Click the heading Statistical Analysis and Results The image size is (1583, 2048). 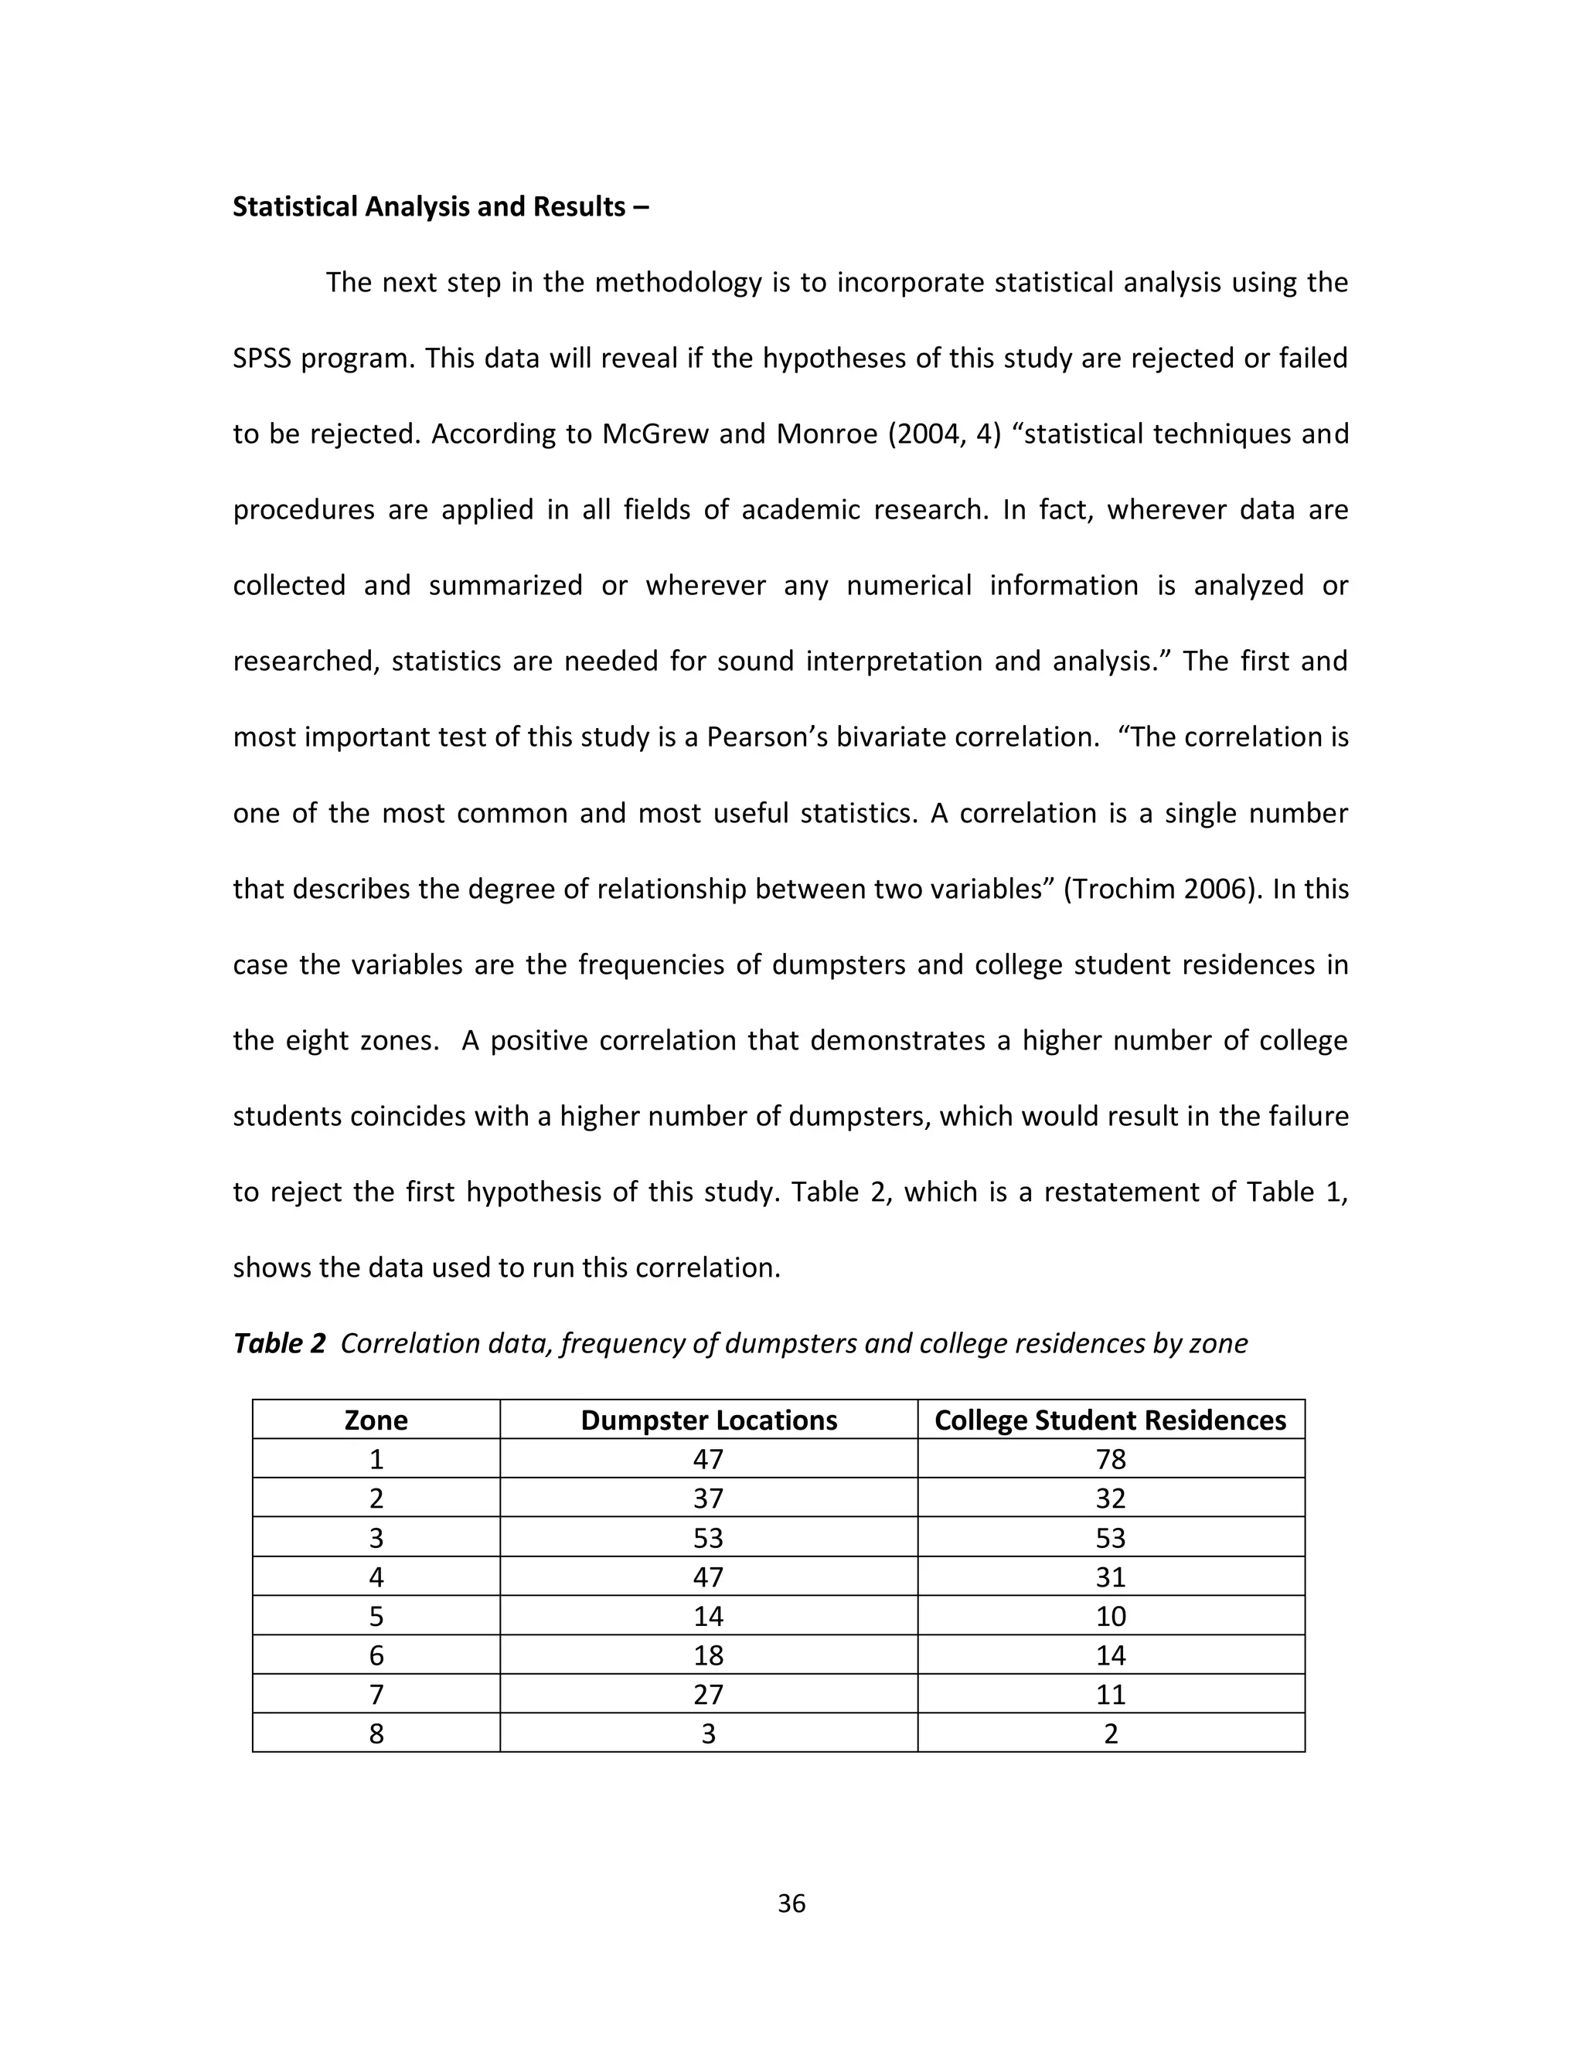tap(439, 206)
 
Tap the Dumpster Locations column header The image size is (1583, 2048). tap(708, 1420)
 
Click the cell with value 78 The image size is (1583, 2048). tap(1111, 1459)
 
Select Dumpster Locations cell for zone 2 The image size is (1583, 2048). tap(708, 1499)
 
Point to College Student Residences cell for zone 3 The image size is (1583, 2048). tap(1111, 1538)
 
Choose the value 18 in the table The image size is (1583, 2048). tap(708, 1655)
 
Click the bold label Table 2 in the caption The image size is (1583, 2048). tap(278, 1343)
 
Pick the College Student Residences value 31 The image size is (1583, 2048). tap(1111, 1577)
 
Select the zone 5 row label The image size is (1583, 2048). tap(376, 1616)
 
